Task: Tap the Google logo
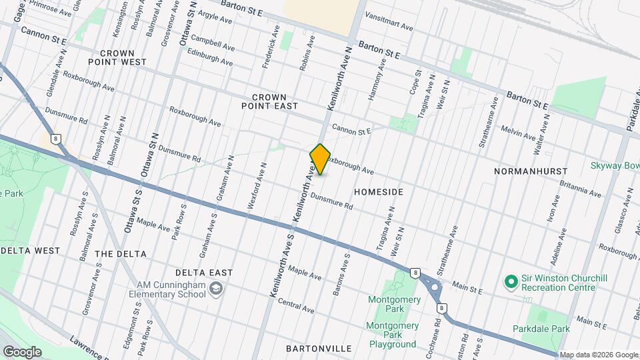pyautogui.click(x=21, y=351)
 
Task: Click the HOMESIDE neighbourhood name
pyautogui.click(x=379, y=191)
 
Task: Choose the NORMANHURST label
pyautogui.click(x=531, y=171)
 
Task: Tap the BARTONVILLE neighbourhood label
pyautogui.click(x=318, y=349)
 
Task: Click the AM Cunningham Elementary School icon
pyautogui.click(x=216, y=289)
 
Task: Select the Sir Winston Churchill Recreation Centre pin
pyautogui.click(x=511, y=282)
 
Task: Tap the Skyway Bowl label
pyautogui.click(x=614, y=165)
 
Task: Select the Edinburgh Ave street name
pyautogui.click(x=210, y=57)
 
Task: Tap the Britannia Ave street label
pyautogui.click(x=580, y=189)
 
